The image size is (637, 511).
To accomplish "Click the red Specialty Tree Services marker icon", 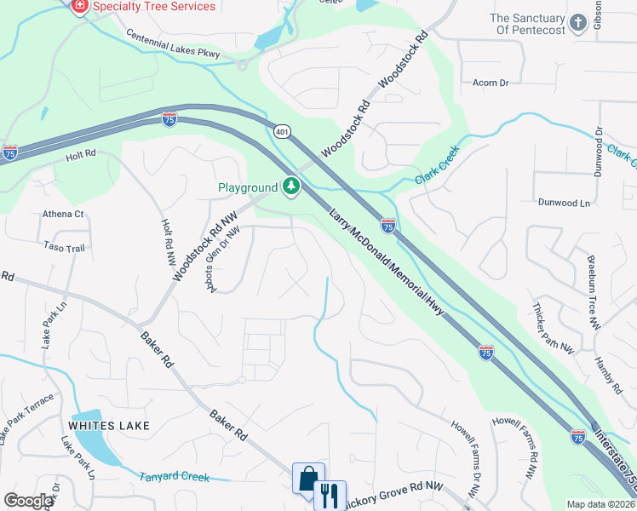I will point(80,6).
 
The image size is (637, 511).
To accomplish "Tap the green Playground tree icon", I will point(292,187).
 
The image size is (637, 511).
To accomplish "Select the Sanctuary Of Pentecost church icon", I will point(579,23).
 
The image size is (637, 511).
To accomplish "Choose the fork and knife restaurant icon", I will point(329,494).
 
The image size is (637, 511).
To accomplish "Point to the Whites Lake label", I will point(110,425).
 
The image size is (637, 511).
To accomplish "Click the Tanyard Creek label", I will point(174,476).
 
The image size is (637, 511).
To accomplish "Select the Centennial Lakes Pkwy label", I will point(173,45).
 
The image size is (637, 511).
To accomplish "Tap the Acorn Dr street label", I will point(491,83).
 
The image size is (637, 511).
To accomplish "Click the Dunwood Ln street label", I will point(564,204).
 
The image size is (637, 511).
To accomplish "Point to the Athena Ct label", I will point(64,214).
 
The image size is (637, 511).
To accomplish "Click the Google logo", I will point(29,501).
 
